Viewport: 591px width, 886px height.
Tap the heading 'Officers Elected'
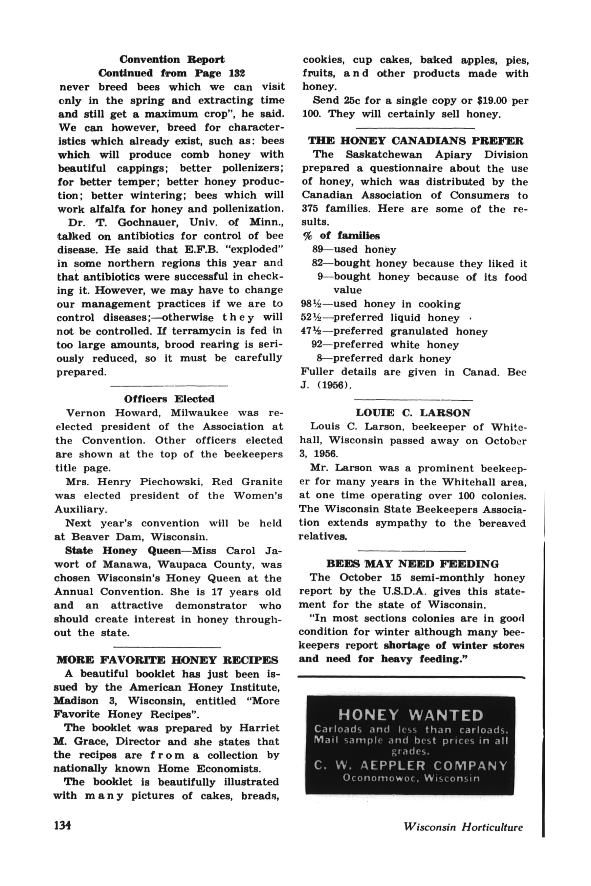coord(169,399)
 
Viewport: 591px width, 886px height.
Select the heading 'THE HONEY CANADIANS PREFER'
coord(415,141)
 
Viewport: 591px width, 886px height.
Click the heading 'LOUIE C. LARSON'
coord(413,413)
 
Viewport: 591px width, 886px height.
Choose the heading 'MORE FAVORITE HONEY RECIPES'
coord(167,660)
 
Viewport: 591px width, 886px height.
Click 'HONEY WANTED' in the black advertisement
coord(410,715)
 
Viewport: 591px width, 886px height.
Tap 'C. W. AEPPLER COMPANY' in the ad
coord(410,766)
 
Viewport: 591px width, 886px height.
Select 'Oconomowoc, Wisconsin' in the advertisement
coord(411,778)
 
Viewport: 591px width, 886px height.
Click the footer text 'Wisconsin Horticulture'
coord(463,827)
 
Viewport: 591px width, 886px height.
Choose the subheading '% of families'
coord(341,236)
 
